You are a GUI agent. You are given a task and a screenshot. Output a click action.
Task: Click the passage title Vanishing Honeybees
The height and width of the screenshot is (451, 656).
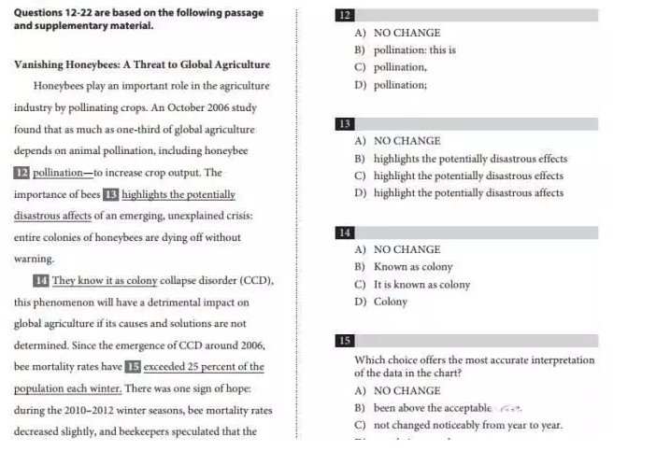[x=142, y=64]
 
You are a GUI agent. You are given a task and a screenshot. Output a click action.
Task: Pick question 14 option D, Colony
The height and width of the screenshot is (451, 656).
[x=391, y=302]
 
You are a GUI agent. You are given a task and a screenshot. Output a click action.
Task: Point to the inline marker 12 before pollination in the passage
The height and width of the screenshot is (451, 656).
[x=21, y=174]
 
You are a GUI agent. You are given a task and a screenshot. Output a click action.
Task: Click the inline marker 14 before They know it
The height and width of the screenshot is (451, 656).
[x=41, y=280]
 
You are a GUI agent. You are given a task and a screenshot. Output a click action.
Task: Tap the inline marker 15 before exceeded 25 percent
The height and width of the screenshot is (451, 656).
[x=134, y=367]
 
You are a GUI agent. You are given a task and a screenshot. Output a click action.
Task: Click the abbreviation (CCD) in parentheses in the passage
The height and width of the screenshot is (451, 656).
[x=256, y=280]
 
